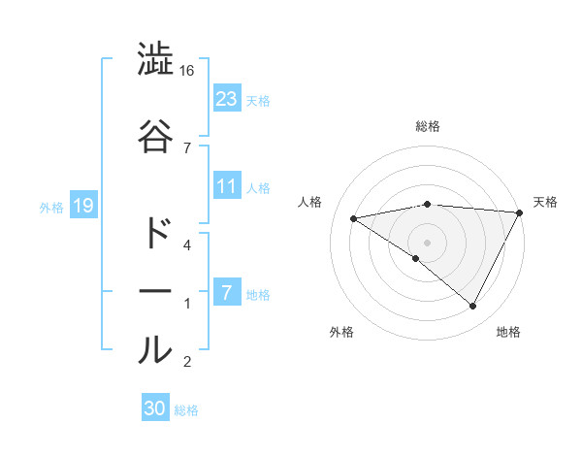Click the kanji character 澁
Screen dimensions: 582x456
[x=155, y=60]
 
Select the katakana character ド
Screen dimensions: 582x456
[x=155, y=234]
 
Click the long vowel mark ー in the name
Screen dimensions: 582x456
[x=155, y=290]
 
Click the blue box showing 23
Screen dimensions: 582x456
[x=227, y=99]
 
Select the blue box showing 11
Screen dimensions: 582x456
[x=227, y=186]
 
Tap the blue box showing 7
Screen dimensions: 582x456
[x=227, y=293]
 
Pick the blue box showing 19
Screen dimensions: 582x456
[x=81, y=206]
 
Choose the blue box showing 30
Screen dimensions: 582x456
[x=155, y=408]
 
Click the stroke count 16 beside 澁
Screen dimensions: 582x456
[x=187, y=71]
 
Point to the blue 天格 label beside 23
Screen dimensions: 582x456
[x=258, y=100]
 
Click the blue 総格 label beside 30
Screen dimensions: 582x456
[x=186, y=410]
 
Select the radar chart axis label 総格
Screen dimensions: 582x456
[x=428, y=126]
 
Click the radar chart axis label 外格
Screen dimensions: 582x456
[x=341, y=332]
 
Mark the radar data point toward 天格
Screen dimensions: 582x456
[x=520, y=212]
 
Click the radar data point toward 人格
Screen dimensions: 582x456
[x=354, y=218]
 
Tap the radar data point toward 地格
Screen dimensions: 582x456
[x=473, y=306]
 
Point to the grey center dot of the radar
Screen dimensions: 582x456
[x=427, y=241]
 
